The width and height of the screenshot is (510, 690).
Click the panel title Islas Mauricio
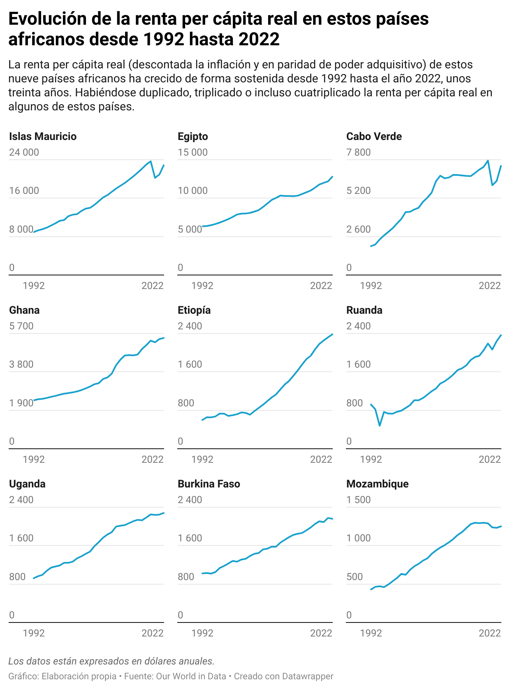point(43,137)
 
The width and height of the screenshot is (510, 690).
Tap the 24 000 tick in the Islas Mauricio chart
point(24,152)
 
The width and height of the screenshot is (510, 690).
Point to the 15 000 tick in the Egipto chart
point(192,152)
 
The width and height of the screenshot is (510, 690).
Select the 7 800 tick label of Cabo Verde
point(358,152)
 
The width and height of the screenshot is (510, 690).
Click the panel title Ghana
point(24,310)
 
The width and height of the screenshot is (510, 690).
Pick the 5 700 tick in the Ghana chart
point(21,326)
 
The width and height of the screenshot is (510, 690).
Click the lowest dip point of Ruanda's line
point(380,425)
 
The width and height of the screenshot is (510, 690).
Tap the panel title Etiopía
point(194,310)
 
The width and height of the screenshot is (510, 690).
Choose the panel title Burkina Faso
point(209,484)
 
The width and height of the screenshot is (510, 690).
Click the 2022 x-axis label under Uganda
point(153,633)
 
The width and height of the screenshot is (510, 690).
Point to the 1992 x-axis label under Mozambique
point(371,633)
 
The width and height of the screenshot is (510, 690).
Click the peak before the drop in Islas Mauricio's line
point(151,161)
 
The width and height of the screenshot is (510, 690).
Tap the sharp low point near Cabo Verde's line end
point(492,185)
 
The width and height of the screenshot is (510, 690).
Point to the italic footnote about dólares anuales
point(111,661)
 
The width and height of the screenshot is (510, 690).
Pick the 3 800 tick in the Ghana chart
point(21,365)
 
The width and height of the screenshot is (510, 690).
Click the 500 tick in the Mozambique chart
point(355,577)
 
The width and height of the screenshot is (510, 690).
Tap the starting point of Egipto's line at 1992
point(202,226)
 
